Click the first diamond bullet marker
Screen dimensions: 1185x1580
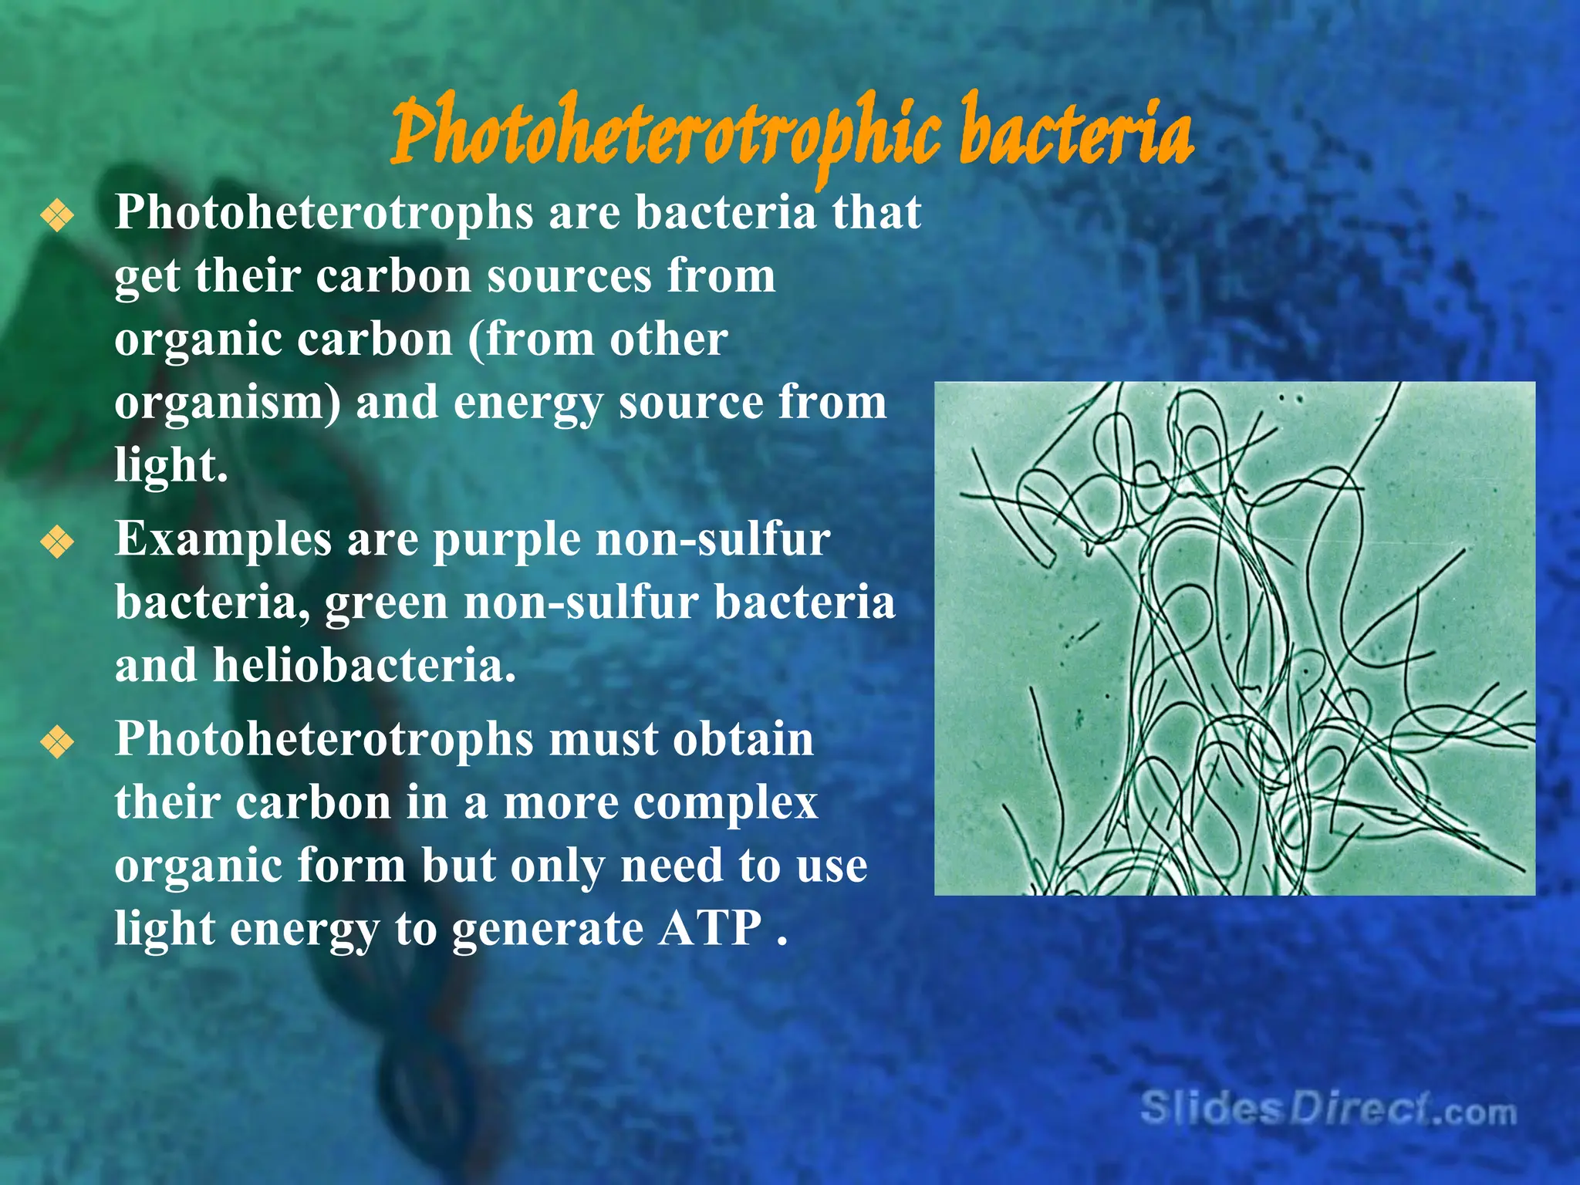tap(58, 215)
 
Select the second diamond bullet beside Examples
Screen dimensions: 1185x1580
tap(58, 542)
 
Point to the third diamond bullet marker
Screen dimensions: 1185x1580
tap(58, 742)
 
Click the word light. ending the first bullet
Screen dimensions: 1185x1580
tap(171, 466)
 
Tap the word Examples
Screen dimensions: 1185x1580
tap(223, 540)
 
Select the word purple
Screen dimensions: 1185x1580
tap(506, 542)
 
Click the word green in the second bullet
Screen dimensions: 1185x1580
tap(386, 605)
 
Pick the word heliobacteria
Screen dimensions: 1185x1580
tap(364, 666)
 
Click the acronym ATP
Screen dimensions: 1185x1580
tap(710, 928)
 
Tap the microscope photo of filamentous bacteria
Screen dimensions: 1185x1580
tap(1234, 638)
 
